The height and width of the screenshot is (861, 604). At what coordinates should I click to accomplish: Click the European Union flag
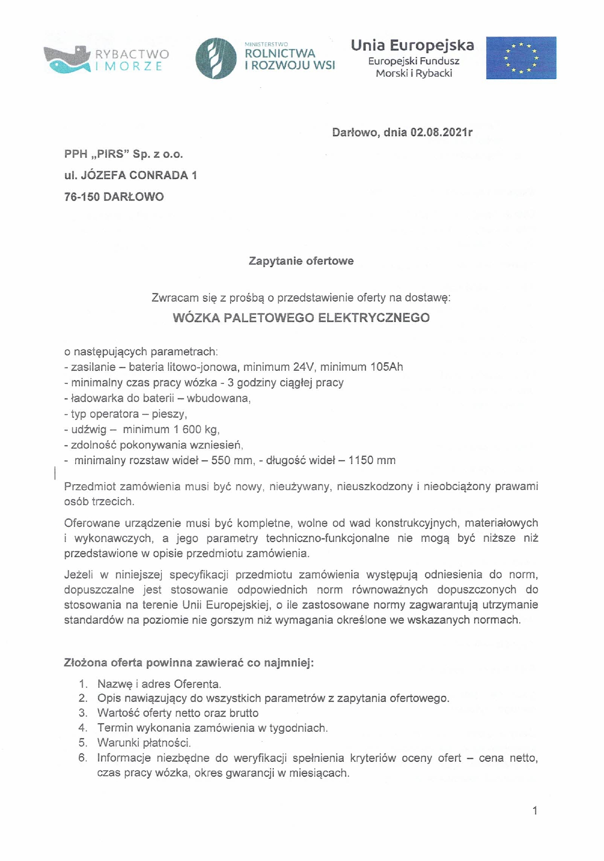(521, 58)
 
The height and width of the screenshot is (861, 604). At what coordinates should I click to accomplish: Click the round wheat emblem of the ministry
(216, 58)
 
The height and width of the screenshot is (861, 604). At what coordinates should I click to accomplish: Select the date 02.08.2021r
(441, 132)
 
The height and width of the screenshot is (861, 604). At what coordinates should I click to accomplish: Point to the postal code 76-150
(82, 196)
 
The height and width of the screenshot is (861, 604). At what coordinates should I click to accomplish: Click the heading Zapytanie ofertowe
(301, 261)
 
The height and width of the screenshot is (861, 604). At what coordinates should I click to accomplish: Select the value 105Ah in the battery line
(386, 367)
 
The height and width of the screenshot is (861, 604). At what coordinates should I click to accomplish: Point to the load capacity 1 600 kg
(195, 429)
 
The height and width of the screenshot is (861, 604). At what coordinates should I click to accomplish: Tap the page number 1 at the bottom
(535, 810)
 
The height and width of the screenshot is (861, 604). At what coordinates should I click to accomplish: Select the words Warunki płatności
(144, 742)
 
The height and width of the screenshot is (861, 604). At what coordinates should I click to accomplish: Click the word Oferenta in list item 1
(197, 684)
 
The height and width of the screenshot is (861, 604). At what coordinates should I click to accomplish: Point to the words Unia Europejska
(413, 45)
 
